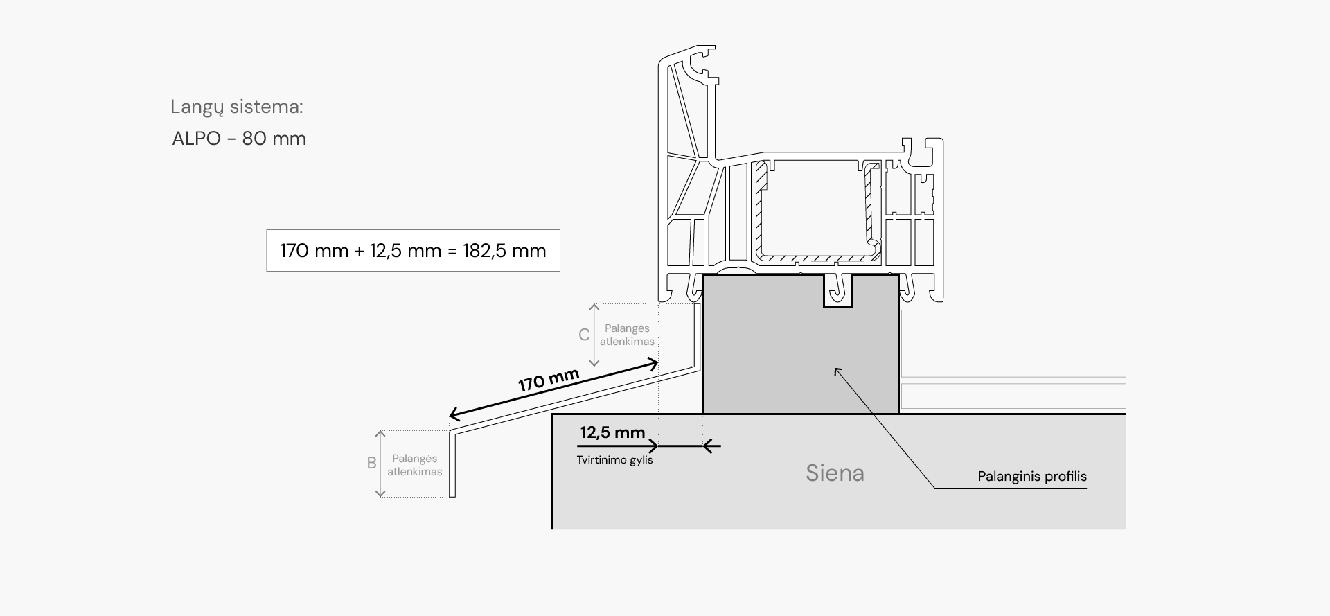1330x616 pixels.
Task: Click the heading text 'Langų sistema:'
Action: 237,107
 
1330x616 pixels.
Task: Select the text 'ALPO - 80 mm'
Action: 239,139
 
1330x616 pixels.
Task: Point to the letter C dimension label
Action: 584,335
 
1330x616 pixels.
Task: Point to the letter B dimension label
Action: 372,464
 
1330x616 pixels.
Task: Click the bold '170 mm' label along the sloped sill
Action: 549,380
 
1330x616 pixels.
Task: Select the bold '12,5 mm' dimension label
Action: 612,433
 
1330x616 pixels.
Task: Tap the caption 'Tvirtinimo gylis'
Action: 614,460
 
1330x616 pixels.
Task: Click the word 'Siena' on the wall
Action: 835,473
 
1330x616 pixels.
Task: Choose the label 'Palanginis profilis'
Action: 1032,477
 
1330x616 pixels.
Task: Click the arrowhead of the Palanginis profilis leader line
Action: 837,370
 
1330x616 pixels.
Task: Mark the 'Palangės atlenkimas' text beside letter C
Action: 627,335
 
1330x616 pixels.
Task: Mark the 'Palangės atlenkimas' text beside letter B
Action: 415,465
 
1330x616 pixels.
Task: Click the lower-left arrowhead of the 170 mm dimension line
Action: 454,415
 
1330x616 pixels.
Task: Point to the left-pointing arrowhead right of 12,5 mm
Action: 708,446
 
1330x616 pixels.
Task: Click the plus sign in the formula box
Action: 359,251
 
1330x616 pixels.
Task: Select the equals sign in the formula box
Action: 452,251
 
